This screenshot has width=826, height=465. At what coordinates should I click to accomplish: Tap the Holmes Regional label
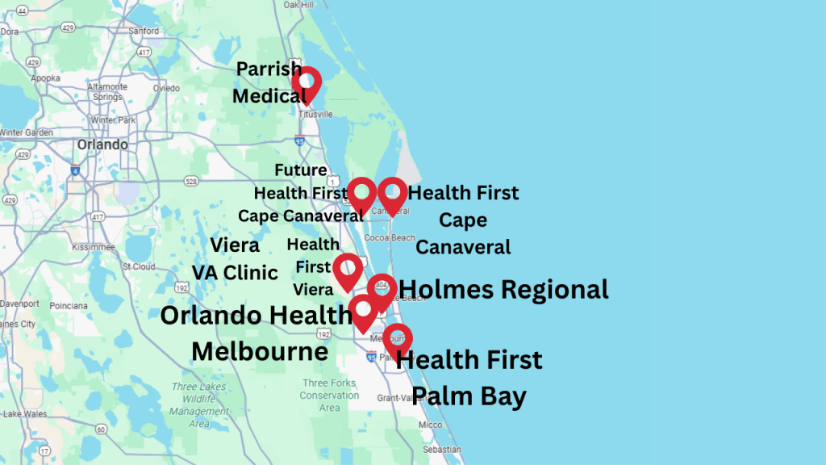click(x=503, y=289)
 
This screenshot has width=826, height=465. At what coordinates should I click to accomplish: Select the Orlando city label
click(x=102, y=145)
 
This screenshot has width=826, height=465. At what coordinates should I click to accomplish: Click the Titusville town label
click(x=315, y=115)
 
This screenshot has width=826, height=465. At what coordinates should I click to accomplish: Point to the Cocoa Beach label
click(x=390, y=238)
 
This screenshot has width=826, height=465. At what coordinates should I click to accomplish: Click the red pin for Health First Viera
click(x=348, y=270)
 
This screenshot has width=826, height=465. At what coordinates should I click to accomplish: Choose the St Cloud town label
click(x=139, y=266)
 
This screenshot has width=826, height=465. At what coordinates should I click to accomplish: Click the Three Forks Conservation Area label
click(x=329, y=396)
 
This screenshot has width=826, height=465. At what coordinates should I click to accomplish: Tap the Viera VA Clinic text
click(x=235, y=258)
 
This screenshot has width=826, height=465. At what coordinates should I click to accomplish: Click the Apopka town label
click(x=44, y=78)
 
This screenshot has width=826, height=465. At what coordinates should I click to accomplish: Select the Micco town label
click(x=430, y=425)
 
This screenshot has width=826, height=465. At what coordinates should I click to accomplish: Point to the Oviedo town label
click(x=166, y=88)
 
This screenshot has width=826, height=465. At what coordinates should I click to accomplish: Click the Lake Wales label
click(x=20, y=414)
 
